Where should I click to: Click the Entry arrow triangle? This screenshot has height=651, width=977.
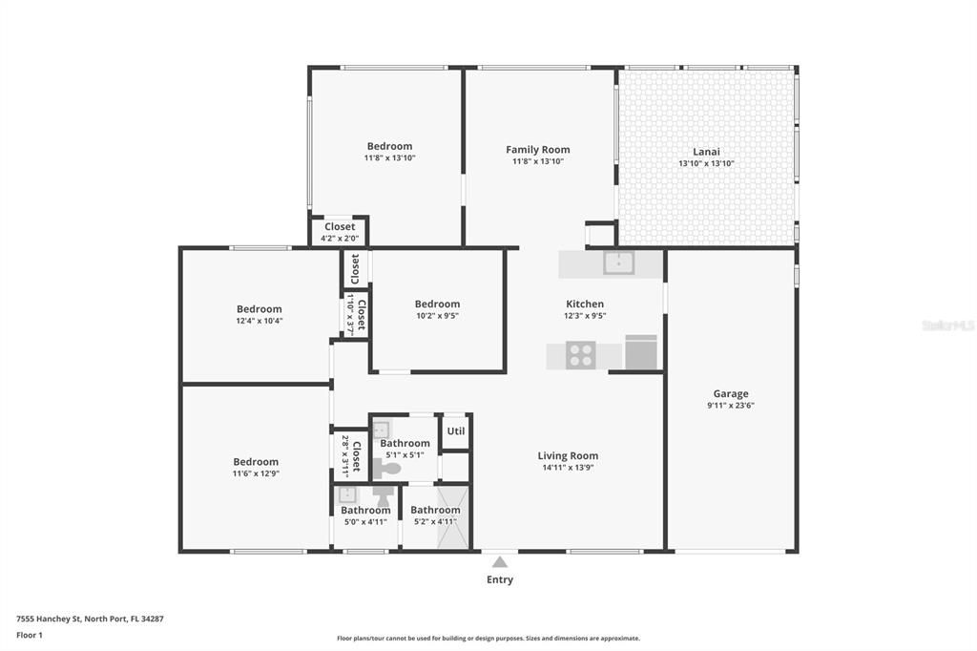(x=500, y=562)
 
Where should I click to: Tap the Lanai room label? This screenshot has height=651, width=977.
(x=707, y=152)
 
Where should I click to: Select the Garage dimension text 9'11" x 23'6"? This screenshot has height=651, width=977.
(x=731, y=406)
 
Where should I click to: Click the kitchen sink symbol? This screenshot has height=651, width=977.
(x=618, y=262)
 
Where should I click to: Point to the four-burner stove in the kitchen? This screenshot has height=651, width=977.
(x=581, y=355)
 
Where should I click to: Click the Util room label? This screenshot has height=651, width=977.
(x=455, y=430)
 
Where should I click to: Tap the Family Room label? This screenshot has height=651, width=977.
(x=538, y=150)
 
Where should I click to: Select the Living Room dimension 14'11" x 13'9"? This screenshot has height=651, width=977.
(x=568, y=467)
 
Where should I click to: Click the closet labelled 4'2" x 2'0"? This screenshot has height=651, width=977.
(x=340, y=232)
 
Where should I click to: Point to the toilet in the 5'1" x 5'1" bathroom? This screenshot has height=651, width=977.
(x=385, y=469)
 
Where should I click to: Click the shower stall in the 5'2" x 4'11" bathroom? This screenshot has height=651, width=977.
(x=451, y=517)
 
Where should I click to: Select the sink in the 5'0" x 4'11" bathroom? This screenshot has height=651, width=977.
(x=347, y=495)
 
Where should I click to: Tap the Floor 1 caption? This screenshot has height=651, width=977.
(x=30, y=636)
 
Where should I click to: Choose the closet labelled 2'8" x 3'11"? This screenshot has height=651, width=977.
(x=351, y=456)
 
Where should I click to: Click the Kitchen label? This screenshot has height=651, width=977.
(x=585, y=304)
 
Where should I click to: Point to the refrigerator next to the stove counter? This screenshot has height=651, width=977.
(x=641, y=352)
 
